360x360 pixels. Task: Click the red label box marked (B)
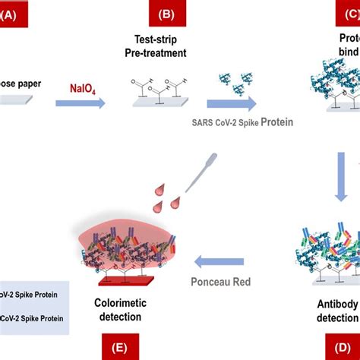click(156, 14)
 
